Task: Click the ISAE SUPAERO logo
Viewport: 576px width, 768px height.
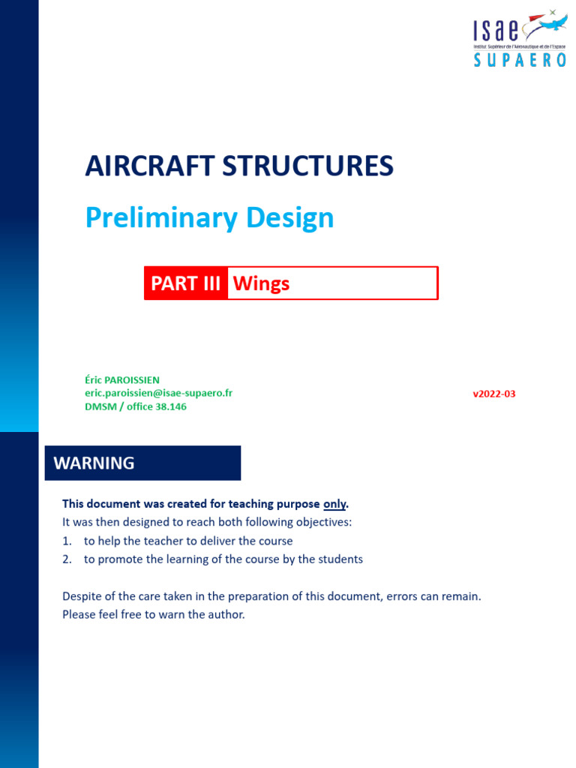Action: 519,37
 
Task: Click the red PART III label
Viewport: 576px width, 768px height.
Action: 186,283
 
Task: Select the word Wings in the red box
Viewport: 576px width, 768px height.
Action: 261,283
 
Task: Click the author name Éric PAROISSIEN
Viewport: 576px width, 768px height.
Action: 121,380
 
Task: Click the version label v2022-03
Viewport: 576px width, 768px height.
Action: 493,394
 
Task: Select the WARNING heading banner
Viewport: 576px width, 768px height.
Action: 143,463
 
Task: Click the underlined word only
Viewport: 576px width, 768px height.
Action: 334,503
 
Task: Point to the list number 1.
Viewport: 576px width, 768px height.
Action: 66,541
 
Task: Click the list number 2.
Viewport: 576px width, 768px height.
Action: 66,559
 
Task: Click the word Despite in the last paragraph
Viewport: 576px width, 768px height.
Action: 82,597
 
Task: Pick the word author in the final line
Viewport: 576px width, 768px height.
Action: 226,615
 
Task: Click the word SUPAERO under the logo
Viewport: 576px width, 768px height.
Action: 520,61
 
